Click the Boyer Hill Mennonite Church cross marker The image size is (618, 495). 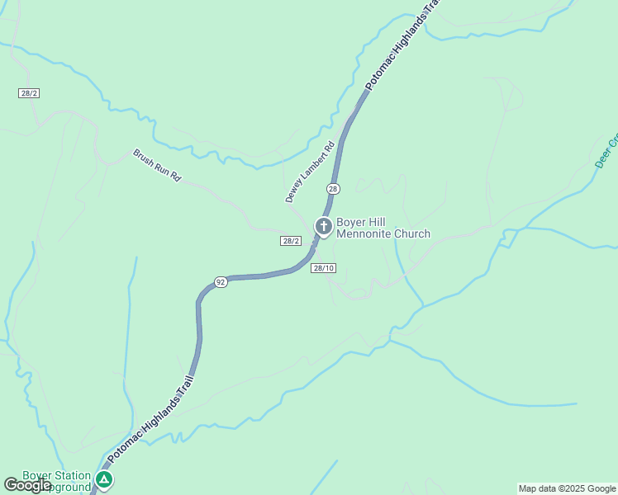323,225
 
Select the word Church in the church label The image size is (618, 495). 411,234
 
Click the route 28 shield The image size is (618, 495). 333,189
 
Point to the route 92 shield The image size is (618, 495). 221,282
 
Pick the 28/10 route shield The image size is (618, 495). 323,268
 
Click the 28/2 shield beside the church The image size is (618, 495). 290,241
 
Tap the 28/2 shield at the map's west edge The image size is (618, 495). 29,93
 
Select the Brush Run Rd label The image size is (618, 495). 157,165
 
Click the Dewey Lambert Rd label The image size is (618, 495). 310,172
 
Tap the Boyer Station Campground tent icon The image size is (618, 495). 104,479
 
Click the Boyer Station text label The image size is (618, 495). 56,475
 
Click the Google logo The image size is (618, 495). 27,485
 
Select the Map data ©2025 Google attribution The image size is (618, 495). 567,488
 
